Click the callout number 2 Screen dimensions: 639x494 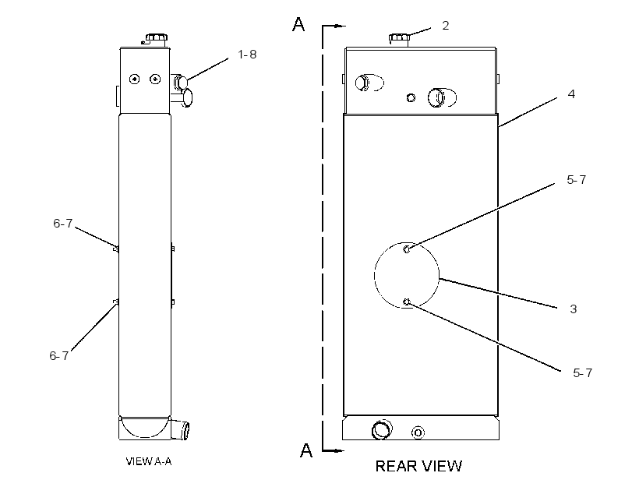[x=446, y=26]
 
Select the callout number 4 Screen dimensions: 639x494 [x=571, y=94]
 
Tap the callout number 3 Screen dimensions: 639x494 [x=574, y=309]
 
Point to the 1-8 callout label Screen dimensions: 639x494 [x=247, y=55]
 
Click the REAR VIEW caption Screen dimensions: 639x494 [x=418, y=466]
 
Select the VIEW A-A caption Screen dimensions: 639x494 [x=149, y=461]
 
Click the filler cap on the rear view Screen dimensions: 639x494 [x=399, y=40]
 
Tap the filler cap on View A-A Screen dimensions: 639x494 [x=156, y=40]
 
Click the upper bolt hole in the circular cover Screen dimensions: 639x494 [x=407, y=249]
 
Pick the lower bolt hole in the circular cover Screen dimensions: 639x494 [x=406, y=302]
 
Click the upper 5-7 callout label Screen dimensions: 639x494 [x=576, y=180]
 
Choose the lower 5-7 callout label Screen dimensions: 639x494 [x=582, y=373]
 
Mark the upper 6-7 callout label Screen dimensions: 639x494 [x=63, y=224]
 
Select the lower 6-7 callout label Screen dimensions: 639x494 [x=59, y=356]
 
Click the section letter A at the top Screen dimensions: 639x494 [x=298, y=24]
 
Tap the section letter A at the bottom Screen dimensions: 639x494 [x=306, y=450]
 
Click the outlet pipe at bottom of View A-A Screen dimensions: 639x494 [x=180, y=429]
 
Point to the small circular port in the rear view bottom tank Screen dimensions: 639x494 [x=418, y=432]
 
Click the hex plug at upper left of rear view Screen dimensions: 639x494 [x=362, y=83]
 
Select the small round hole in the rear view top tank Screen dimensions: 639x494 [x=411, y=98]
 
